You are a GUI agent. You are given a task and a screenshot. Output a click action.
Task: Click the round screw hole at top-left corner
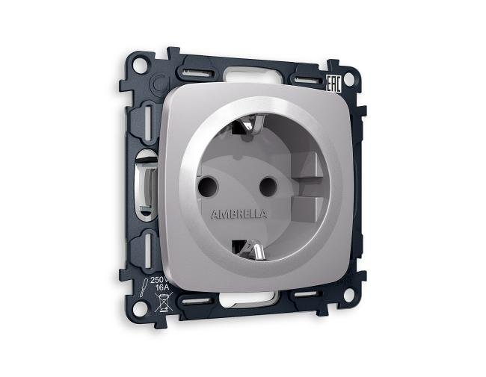pyautogui.click(x=156, y=84)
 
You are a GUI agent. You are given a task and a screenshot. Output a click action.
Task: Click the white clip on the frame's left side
pyautogui.click(x=145, y=179)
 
